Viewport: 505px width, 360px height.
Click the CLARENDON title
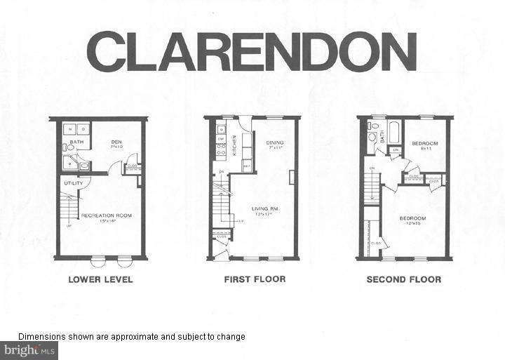click(252, 52)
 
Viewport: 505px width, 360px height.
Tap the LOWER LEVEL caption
click(100, 279)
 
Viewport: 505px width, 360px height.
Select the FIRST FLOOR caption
click(255, 279)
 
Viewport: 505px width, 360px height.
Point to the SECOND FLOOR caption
click(404, 279)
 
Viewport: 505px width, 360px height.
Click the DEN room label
click(116, 142)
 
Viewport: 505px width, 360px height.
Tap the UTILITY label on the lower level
click(74, 183)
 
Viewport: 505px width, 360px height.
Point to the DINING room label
click(274, 142)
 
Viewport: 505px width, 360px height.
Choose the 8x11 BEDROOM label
click(425, 143)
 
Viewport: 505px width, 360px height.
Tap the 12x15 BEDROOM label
click(412, 218)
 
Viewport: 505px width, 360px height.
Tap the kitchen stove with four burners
click(221, 150)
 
